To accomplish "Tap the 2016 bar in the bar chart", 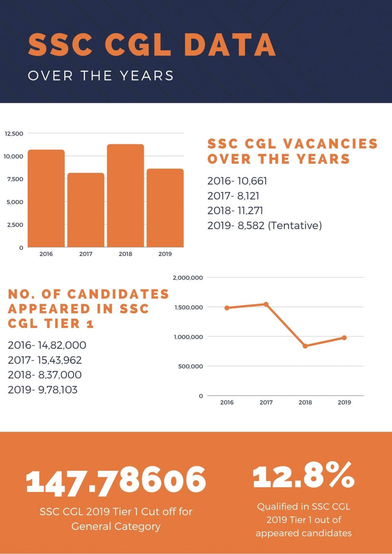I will [46, 198].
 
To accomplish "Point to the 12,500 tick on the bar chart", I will [14, 133].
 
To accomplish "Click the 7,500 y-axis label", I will [15, 179].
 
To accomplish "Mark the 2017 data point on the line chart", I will [266, 304].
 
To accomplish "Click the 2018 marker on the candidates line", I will [305, 346].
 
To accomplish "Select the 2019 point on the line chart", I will [344, 338].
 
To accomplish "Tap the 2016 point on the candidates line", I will [227, 308].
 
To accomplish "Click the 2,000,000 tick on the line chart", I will [188, 278].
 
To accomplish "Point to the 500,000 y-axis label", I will [190, 366].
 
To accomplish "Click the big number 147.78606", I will [116, 480].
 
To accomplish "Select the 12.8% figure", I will [304, 476].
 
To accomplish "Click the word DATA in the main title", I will [230, 45].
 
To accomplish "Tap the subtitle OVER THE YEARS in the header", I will [101, 76].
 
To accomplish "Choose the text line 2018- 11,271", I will [235, 211].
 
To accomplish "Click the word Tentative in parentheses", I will [295, 225].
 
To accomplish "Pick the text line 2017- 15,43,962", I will [45, 360].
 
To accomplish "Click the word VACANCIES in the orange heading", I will [330, 144].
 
